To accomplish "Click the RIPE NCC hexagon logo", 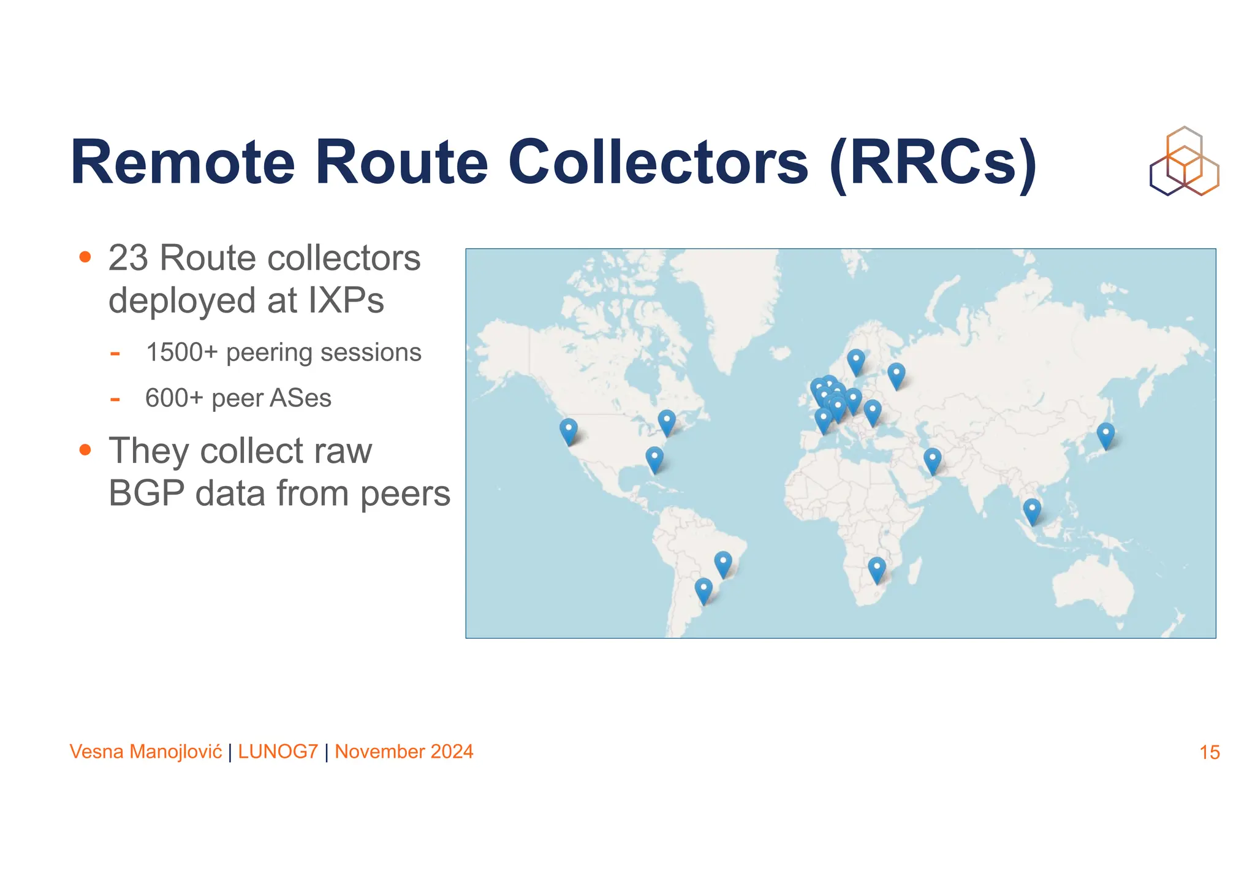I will [1184, 162].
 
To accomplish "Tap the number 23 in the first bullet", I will [128, 258].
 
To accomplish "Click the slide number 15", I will [1209, 752].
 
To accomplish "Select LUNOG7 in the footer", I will [278, 752].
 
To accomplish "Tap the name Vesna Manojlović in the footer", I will [146, 752].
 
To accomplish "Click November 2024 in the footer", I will [404, 752].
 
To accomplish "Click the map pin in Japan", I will [1105, 435].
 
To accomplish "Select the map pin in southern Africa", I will [877, 569].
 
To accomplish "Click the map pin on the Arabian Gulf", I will [932, 460].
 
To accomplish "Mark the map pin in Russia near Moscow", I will [897, 375].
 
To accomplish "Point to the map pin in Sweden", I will [856, 361].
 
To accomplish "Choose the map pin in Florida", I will [654, 459].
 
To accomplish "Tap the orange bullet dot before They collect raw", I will [85, 451].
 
